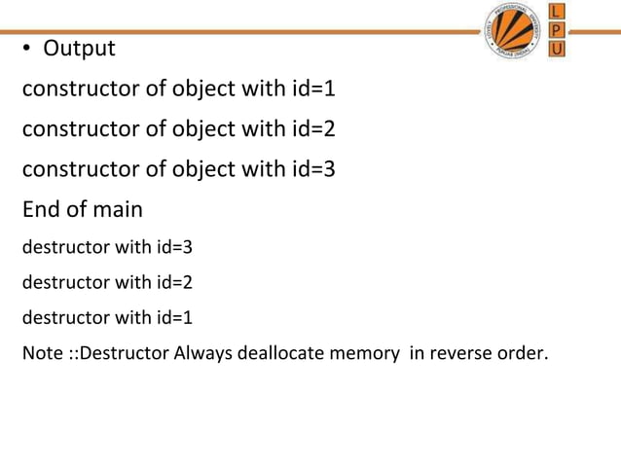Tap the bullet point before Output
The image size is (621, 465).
pos(29,50)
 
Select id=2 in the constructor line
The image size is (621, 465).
pos(313,128)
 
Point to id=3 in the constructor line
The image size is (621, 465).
pos(313,169)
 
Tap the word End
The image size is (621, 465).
pos(42,209)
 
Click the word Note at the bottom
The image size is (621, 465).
pos(41,352)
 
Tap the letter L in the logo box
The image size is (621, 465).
pos(558,12)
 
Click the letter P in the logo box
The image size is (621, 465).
pos(558,30)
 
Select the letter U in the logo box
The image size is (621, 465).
pos(558,49)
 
